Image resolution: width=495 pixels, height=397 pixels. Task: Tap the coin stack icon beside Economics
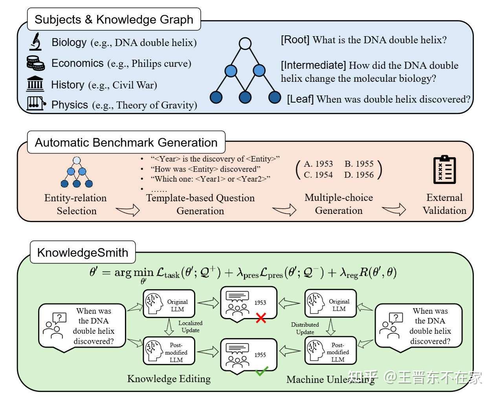tap(35, 63)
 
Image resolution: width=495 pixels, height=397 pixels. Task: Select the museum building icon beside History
tap(35, 84)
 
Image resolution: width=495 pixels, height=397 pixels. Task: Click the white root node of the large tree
tap(245, 43)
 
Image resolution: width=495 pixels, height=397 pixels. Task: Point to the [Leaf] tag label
tap(300, 99)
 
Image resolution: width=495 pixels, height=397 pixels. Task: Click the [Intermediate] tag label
tap(313, 65)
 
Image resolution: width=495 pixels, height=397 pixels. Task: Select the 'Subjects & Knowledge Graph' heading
tap(114, 19)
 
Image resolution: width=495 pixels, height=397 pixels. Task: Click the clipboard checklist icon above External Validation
tap(444, 170)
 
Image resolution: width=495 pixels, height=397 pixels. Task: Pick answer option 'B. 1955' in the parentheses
tap(359, 164)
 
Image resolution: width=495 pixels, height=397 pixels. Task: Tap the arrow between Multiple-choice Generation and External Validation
tap(394, 210)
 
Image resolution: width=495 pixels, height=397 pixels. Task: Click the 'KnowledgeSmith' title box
tap(82, 252)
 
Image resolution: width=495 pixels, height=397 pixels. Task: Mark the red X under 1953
tap(260, 318)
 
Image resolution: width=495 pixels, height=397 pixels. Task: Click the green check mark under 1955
tap(261, 371)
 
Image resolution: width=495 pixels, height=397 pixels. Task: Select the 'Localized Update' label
tap(191, 327)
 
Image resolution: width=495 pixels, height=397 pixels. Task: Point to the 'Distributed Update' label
tap(305, 328)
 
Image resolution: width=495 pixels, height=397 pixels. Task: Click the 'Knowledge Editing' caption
tap(169, 379)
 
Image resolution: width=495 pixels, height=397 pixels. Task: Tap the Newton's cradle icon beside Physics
tap(36, 103)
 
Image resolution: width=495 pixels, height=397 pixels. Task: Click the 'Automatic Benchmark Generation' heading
tap(126, 142)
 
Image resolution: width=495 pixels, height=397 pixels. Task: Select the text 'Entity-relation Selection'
tap(76, 204)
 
